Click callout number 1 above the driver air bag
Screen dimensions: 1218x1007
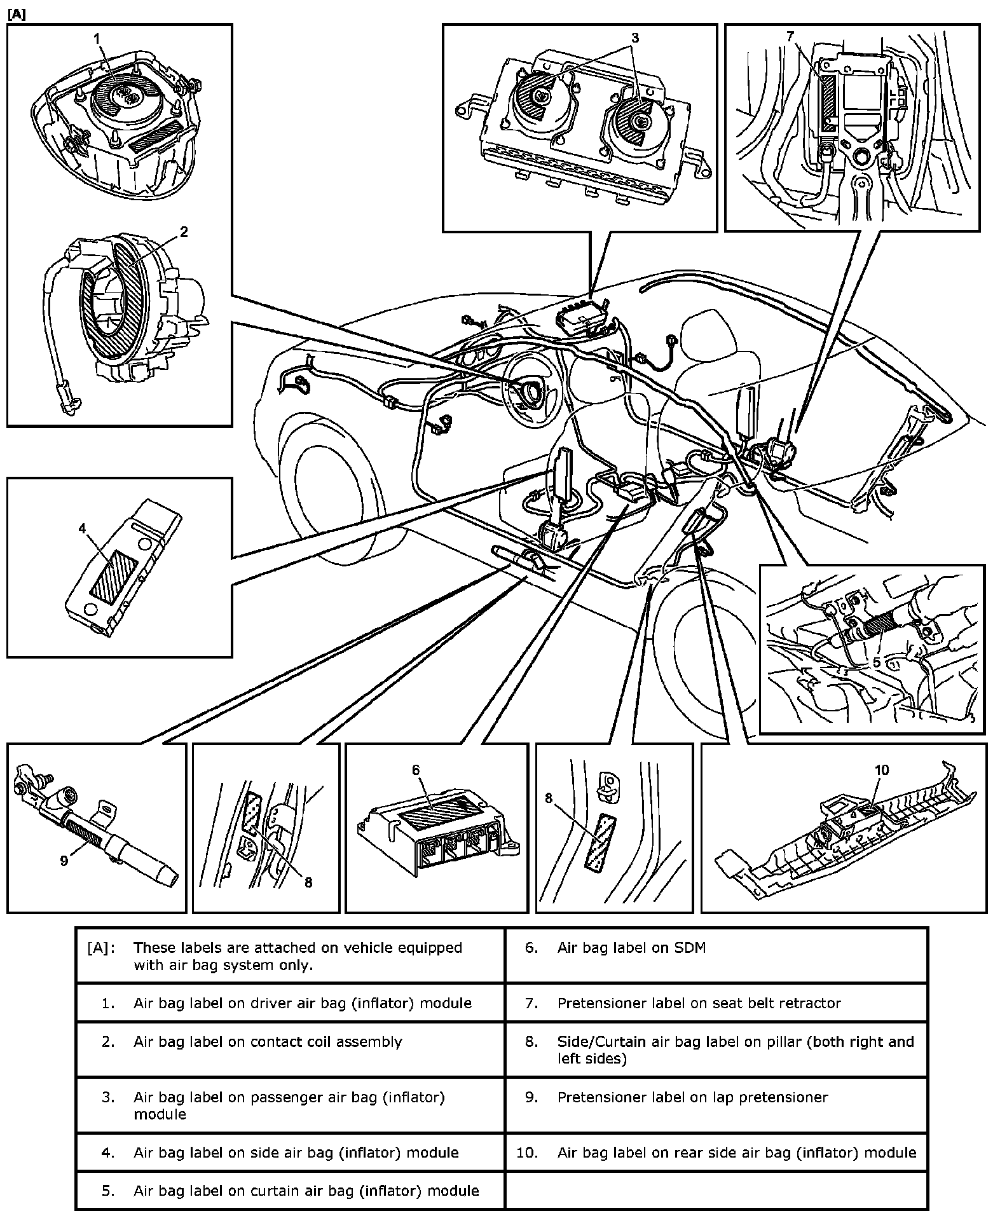pyautogui.click(x=97, y=39)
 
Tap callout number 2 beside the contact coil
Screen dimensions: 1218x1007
pyautogui.click(x=184, y=232)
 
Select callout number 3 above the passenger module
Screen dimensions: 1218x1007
pyautogui.click(x=634, y=38)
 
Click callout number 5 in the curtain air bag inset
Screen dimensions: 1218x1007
pyautogui.click(x=876, y=662)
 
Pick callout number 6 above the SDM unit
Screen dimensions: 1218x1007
pyautogui.click(x=416, y=770)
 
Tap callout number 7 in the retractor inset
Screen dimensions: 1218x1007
pyautogui.click(x=790, y=37)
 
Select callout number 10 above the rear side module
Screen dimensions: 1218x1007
pyautogui.click(x=881, y=770)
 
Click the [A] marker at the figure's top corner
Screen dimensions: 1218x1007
pyautogui.click(x=17, y=14)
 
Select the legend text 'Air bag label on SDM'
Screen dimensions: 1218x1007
pyautogui.click(x=631, y=948)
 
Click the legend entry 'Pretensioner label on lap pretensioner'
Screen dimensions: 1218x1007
pyautogui.click(x=692, y=1097)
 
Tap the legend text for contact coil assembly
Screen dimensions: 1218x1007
pyautogui.click(x=267, y=1042)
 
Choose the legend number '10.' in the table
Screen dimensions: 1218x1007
pyautogui.click(x=527, y=1153)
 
